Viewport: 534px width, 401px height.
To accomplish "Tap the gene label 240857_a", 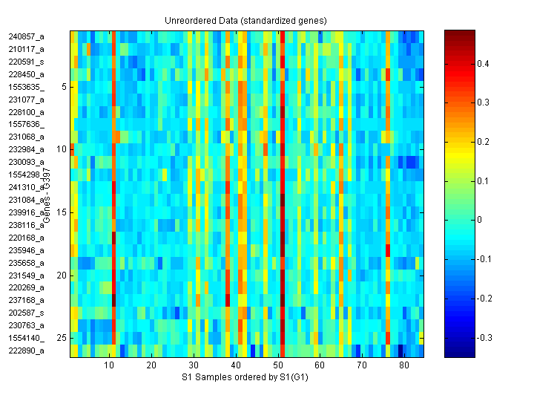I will pos(27,36).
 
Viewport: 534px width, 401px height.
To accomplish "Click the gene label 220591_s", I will pos(27,62).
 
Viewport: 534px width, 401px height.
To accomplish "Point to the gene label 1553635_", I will pos(27,87).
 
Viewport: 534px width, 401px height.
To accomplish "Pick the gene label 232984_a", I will pos(27,149).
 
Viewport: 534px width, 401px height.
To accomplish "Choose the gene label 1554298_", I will pos(27,175).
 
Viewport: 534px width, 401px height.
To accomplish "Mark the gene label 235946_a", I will pos(27,250).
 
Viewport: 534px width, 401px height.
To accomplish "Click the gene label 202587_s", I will pos(27,313).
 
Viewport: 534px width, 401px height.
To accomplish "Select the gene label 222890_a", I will pos(27,351).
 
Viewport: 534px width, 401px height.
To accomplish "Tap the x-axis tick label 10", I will pos(109,365).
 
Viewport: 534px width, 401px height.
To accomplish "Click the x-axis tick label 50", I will pos(277,365).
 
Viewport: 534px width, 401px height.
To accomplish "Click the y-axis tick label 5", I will pos(64,87).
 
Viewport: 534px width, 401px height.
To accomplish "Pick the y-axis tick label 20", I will pos(62,275).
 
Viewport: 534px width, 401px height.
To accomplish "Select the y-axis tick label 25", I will pos(62,338).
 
